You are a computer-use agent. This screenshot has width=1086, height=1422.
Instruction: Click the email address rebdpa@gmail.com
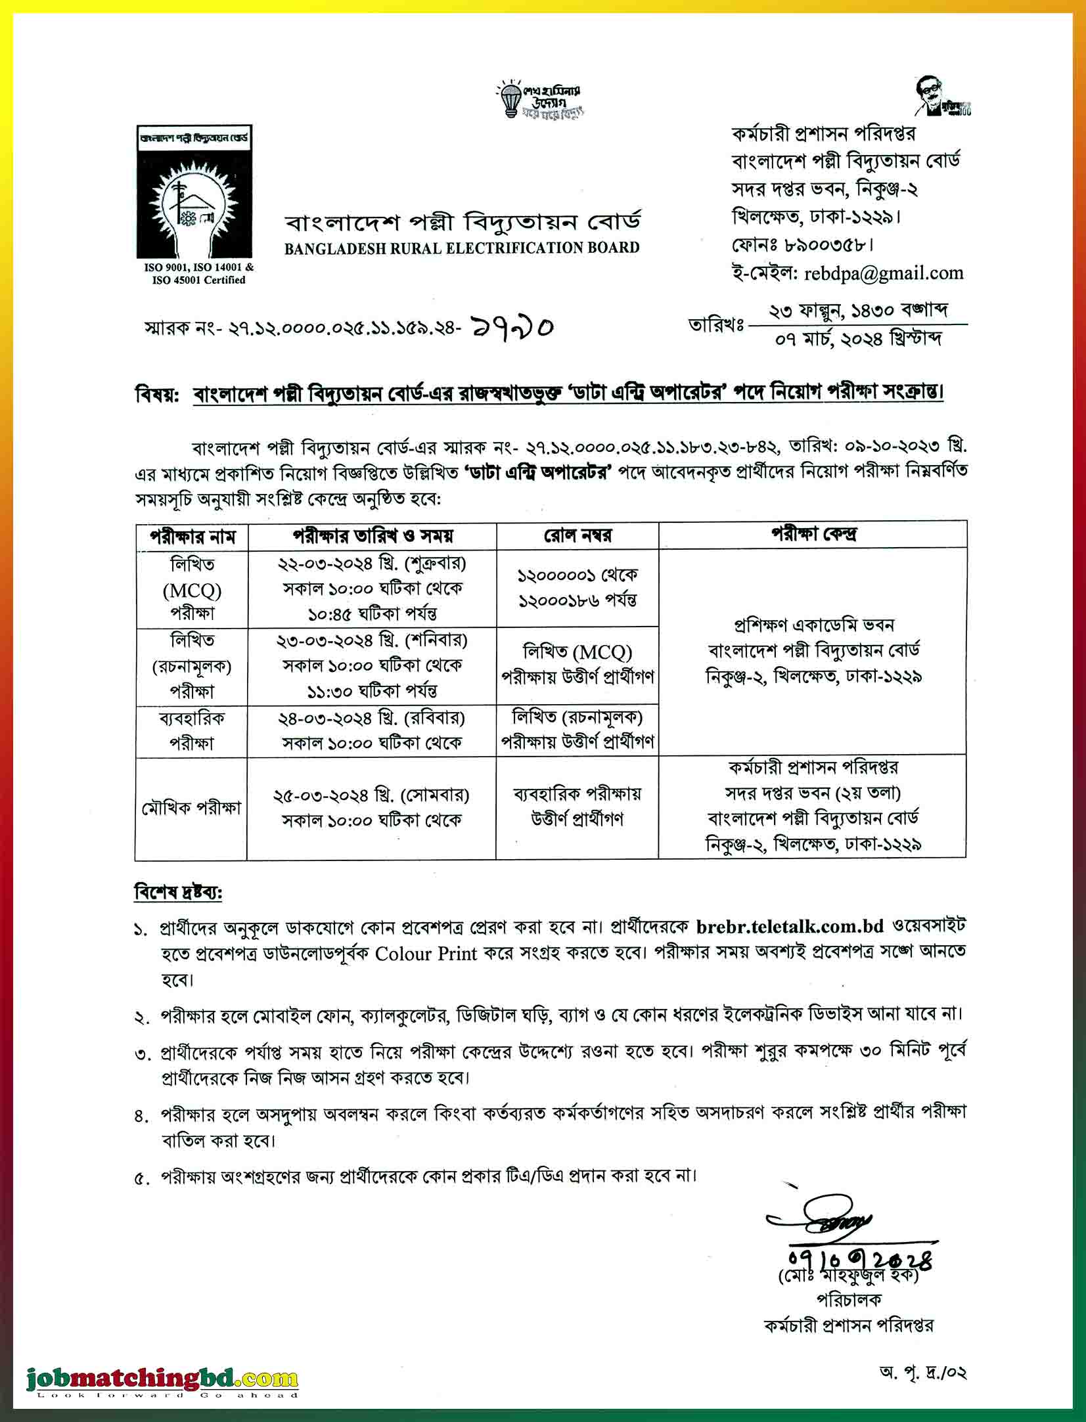pyautogui.click(x=883, y=274)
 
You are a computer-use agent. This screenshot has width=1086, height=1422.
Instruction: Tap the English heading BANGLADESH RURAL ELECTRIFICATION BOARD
pyautogui.click(x=462, y=248)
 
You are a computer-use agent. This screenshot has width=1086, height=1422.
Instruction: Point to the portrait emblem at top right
pyautogui.click(x=933, y=97)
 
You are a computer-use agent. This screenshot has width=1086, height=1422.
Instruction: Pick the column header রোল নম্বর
pyautogui.click(x=577, y=536)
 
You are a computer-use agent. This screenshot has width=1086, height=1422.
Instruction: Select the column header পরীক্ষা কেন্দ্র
pyautogui.click(x=813, y=534)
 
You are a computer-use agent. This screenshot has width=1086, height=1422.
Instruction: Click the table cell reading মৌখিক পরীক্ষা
pyautogui.click(x=191, y=807)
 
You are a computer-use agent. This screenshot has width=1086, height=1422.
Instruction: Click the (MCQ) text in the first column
pyautogui.click(x=192, y=590)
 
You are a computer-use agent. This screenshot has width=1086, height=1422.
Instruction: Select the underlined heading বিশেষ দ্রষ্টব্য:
pyautogui.click(x=178, y=893)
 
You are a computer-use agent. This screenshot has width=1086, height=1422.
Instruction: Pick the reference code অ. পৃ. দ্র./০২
pyautogui.click(x=921, y=1373)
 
